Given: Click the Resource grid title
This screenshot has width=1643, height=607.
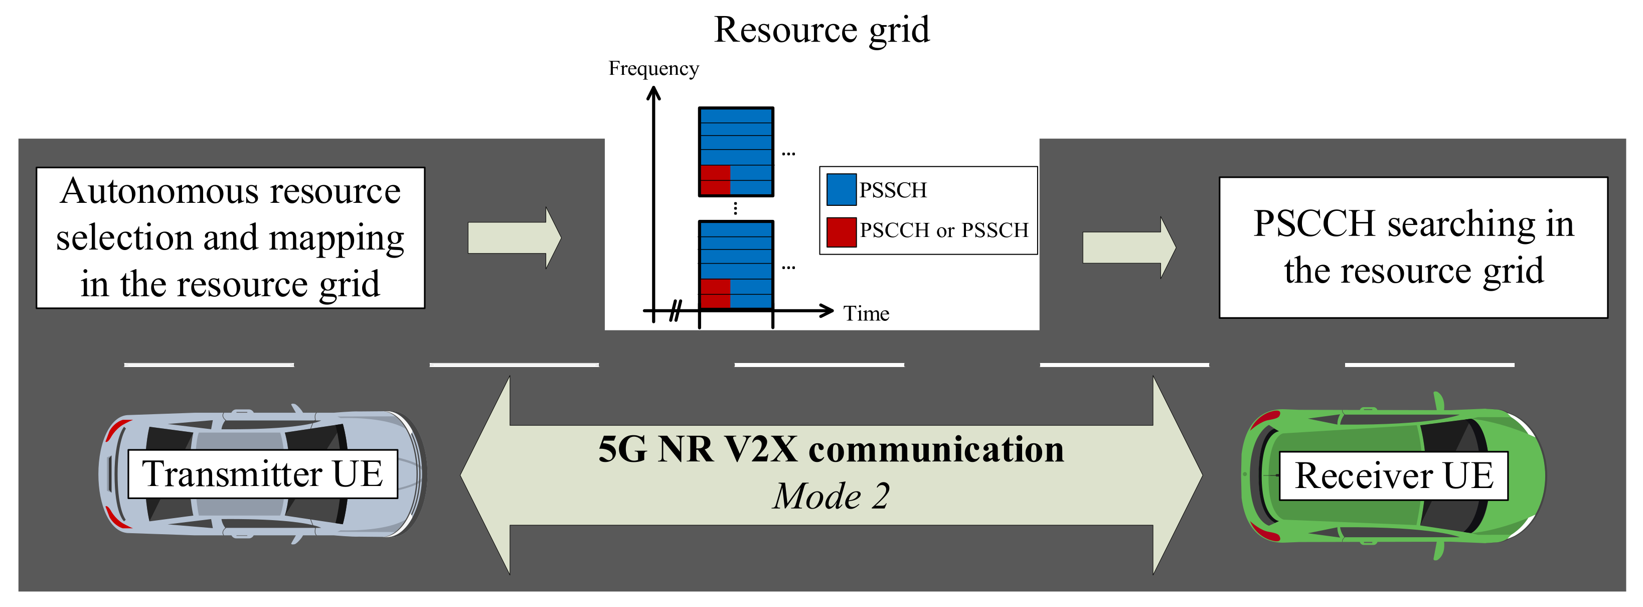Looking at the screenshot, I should (821, 30).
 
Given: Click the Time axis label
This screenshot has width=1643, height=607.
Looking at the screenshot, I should (866, 313).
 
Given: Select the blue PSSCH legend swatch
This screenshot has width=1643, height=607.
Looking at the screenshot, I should (841, 190).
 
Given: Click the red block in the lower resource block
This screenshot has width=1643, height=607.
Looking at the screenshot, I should (715, 294).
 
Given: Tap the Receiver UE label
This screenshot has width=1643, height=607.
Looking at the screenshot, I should (1394, 476).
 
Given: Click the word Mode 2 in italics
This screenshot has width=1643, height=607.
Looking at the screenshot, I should (831, 496).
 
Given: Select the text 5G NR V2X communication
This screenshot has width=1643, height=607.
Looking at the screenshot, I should (831, 449).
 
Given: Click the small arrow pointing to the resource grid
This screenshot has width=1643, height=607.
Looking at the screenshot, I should (514, 238).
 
